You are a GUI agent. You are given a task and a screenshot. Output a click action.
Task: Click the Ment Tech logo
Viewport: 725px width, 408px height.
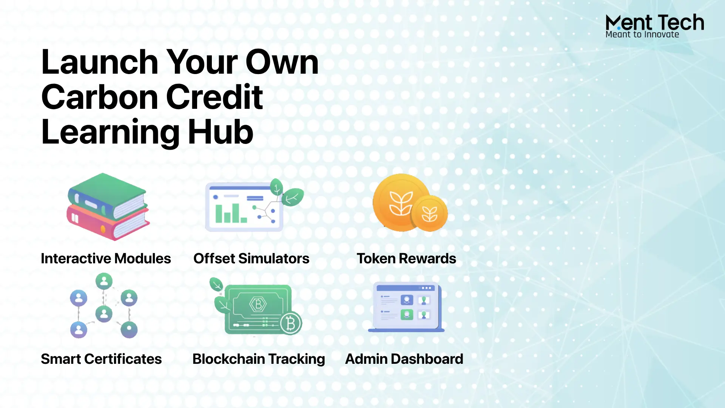(x=655, y=26)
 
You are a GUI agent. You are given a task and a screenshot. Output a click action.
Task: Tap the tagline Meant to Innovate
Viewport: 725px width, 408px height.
(x=642, y=34)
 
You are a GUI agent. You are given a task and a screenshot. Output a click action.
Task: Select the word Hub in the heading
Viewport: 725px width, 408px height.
(x=221, y=132)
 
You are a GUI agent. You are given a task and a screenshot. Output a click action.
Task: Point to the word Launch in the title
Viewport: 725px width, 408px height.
(x=100, y=62)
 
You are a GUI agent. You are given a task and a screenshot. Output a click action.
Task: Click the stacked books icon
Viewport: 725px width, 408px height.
(x=108, y=207)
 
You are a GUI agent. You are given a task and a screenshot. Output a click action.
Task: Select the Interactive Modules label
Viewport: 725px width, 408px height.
(x=106, y=258)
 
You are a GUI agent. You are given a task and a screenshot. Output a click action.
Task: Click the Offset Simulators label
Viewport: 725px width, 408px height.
(x=251, y=258)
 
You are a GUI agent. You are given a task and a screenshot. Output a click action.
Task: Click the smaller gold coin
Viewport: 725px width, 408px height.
(x=429, y=213)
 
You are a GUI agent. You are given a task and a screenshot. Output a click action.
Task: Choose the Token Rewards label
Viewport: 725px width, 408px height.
(x=406, y=258)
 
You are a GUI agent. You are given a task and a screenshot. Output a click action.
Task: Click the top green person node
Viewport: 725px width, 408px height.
(x=104, y=281)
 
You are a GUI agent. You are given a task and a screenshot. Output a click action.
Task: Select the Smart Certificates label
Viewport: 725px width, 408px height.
(x=101, y=359)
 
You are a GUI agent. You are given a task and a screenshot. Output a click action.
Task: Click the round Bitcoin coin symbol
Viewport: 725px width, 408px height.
(x=290, y=323)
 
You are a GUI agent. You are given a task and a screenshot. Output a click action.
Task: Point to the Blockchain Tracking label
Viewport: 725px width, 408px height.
(x=259, y=359)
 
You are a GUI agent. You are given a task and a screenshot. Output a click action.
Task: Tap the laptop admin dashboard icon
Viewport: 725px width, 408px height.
(x=406, y=307)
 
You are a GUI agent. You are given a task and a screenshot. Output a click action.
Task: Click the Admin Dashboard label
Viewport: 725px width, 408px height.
(x=404, y=359)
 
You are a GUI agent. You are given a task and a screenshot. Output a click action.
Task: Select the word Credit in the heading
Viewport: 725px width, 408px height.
(x=214, y=97)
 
